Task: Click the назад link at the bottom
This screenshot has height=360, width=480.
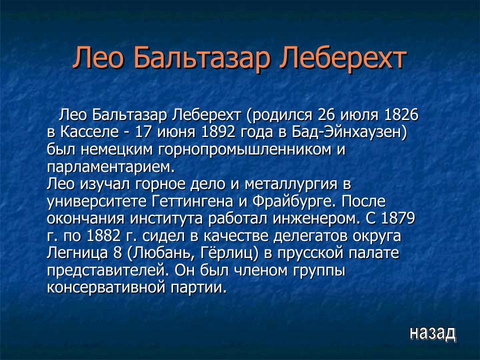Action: (432, 332)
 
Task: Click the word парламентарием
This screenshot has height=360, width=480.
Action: (111, 166)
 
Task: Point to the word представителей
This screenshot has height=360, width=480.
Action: (109, 270)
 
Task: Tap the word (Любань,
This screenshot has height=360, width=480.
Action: (157, 253)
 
